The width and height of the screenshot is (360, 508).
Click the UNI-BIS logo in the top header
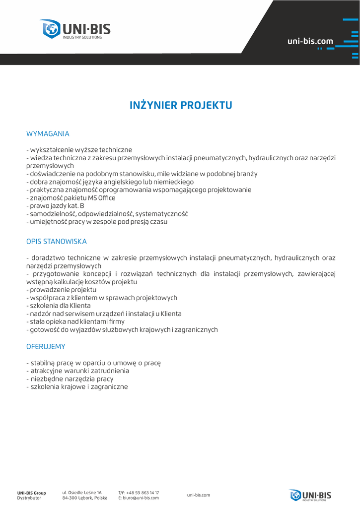click(x=75, y=29)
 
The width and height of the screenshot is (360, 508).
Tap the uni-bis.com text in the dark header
click(x=310, y=41)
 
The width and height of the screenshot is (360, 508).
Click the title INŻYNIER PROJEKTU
click(x=181, y=106)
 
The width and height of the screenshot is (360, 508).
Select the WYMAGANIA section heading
click(x=48, y=134)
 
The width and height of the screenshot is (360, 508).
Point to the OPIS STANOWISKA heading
click(x=57, y=242)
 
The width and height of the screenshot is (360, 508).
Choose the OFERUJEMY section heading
click(x=46, y=346)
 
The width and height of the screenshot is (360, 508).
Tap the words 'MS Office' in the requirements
click(x=101, y=198)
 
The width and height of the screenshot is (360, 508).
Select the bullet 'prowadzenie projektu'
click(x=63, y=290)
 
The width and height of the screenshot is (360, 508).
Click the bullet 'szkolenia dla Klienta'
click(x=60, y=306)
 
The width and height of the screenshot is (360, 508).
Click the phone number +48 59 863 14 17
click(x=143, y=493)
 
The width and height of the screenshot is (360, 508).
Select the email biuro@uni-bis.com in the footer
click(x=141, y=498)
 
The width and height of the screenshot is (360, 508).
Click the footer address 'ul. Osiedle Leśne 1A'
click(x=82, y=493)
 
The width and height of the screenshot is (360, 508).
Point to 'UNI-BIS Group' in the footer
click(x=32, y=493)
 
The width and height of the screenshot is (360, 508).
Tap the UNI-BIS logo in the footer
click(x=310, y=495)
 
